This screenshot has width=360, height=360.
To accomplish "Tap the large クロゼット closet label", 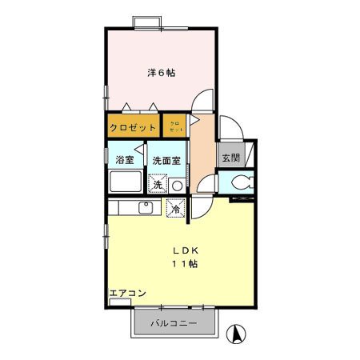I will click(133, 128).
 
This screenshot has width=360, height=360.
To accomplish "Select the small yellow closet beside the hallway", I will click(175, 127).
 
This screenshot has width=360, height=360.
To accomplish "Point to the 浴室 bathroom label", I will click(125, 160).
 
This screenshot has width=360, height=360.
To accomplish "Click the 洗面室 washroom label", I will click(166, 160).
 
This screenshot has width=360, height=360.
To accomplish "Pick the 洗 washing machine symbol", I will click(158, 184).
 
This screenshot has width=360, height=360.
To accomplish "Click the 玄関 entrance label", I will click(230, 157).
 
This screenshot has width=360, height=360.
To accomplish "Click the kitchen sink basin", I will click(146, 208).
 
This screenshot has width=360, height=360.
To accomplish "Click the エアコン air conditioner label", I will click(127, 294).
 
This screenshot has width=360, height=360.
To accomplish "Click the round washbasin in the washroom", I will click(177, 185).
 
